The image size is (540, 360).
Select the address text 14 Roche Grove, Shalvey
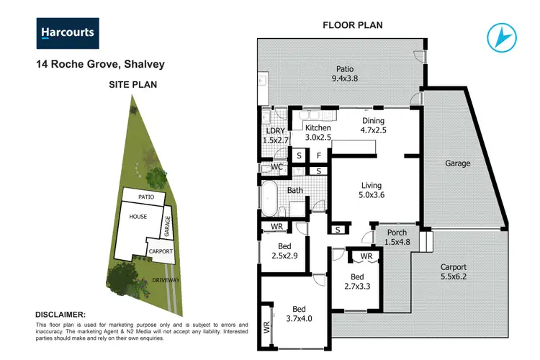click(x=100, y=64)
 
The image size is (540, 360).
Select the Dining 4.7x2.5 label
click(x=373, y=126)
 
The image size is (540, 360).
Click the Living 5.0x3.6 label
click(x=372, y=189)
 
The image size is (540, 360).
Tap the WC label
click(x=276, y=167)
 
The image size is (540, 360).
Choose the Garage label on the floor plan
click(x=457, y=163)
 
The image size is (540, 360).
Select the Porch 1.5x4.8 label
click(x=397, y=237)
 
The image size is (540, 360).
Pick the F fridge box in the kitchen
click(x=318, y=155)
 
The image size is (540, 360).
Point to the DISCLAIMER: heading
click(x=60, y=315)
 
